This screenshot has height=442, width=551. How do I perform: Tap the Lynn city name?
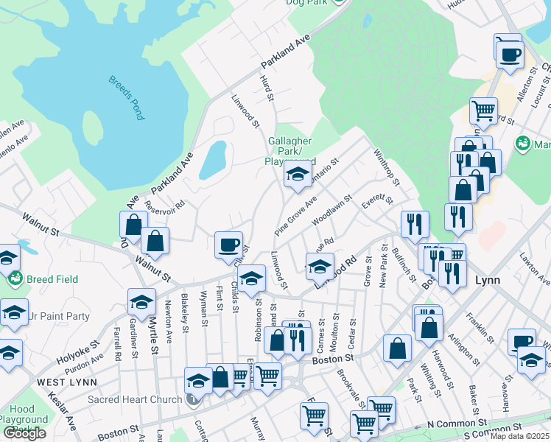488,280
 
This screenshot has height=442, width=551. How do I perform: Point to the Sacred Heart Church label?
134,399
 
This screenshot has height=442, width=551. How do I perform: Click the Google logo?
25,433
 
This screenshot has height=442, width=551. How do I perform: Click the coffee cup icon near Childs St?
228,244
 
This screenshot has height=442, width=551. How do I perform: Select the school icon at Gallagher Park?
298,175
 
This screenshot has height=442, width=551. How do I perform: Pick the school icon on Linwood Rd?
320,265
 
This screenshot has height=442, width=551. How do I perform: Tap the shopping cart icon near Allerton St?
483,110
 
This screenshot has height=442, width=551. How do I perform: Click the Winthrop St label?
386,169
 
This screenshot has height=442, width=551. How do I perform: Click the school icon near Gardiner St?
141,301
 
